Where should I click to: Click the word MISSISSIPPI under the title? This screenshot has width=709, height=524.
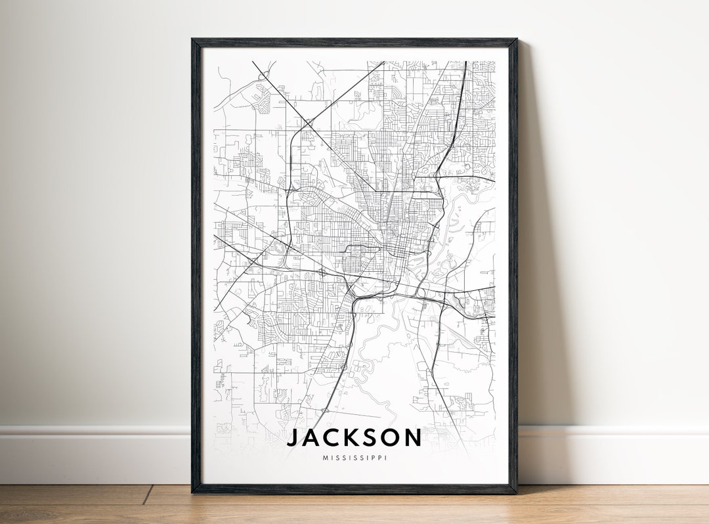click(x=354, y=458)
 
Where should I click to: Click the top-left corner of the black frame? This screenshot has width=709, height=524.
click(x=193, y=40)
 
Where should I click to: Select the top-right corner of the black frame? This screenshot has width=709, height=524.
click(x=516, y=40)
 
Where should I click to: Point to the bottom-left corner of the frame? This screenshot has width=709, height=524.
click(x=193, y=492)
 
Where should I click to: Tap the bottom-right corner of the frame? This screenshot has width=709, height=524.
click(x=516, y=492)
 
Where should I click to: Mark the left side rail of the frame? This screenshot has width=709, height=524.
click(x=196, y=263)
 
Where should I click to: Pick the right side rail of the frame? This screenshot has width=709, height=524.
click(x=513, y=263)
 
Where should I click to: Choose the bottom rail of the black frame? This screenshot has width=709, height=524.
click(x=354, y=489)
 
